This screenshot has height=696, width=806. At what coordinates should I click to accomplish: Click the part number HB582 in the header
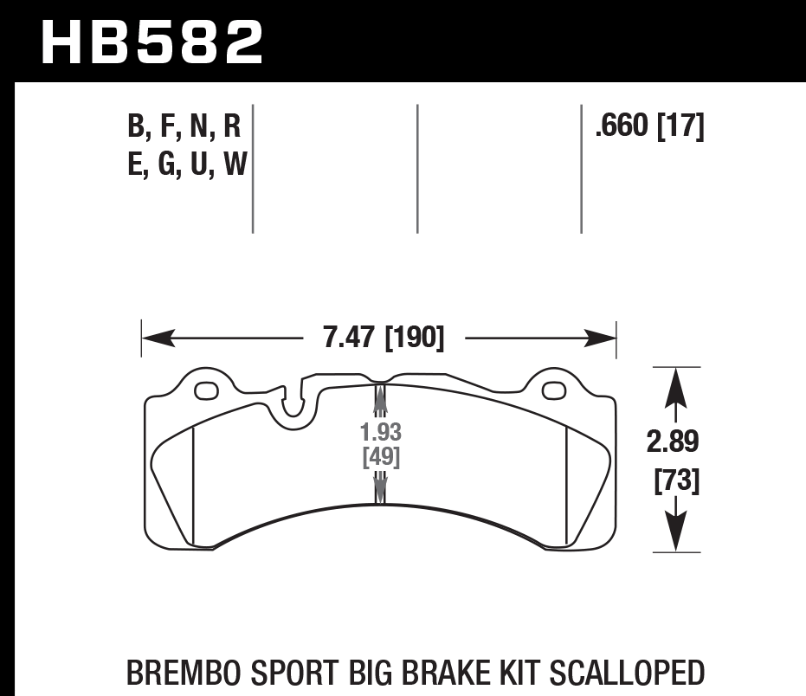click(x=152, y=42)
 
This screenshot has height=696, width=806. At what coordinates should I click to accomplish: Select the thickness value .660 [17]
click(x=648, y=127)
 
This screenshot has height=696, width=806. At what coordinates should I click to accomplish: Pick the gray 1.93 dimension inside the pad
click(x=381, y=432)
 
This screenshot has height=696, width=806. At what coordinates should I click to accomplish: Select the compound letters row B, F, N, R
click(x=184, y=127)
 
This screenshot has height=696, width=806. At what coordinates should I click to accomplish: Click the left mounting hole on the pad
click(x=206, y=391)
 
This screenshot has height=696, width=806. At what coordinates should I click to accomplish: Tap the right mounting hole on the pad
click(x=553, y=391)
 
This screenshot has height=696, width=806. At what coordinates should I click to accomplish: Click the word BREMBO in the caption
click(x=183, y=673)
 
